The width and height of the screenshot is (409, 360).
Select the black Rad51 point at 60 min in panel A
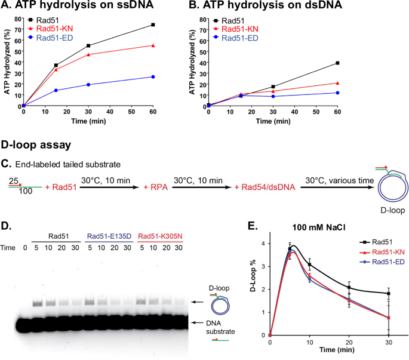(153, 25)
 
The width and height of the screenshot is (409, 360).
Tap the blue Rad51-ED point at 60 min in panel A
(153, 76)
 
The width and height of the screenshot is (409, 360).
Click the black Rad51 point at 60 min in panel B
(337, 63)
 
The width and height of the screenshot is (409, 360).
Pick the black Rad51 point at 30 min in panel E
(388, 293)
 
